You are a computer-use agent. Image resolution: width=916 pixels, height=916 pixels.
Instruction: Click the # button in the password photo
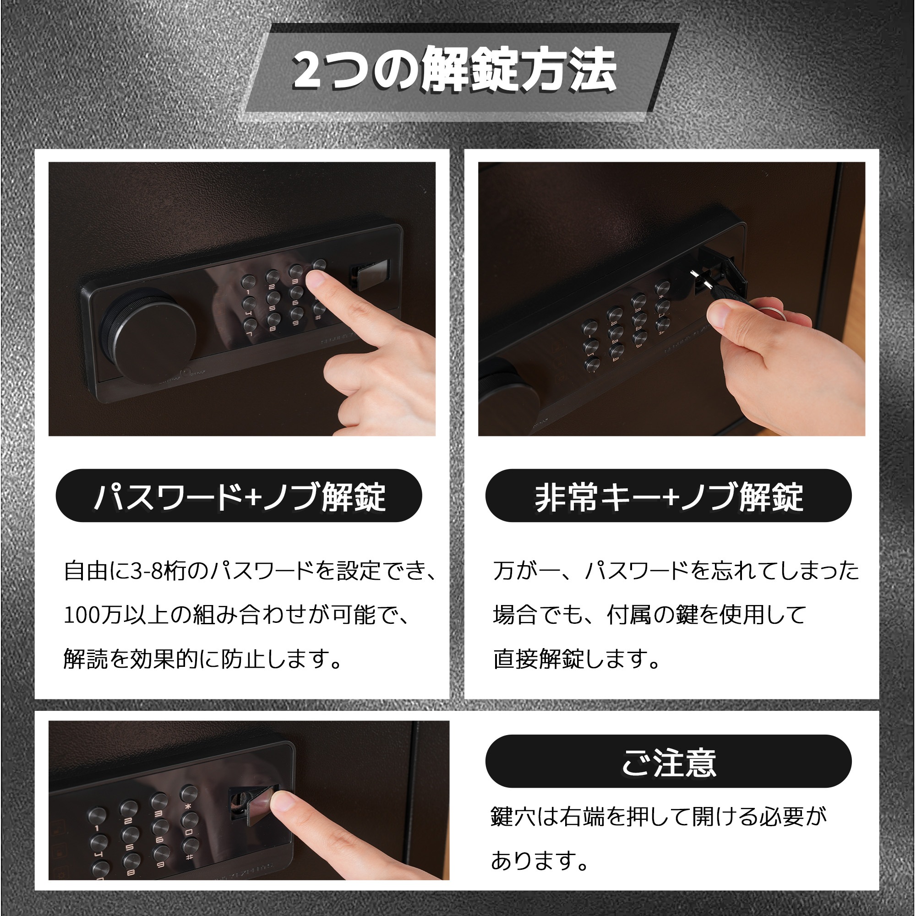[x=319, y=308]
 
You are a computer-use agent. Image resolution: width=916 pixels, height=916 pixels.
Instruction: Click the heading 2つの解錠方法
[x=454, y=70]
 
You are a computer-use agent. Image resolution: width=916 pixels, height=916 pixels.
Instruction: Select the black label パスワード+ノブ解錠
[x=239, y=496]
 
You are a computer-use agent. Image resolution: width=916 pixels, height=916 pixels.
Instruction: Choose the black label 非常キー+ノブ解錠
[x=669, y=496]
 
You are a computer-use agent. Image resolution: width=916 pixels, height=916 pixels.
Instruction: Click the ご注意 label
[x=669, y=763]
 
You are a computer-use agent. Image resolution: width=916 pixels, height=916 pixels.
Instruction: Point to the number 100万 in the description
[x=93, y=616]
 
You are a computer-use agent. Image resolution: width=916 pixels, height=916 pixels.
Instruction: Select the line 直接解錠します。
[x=577, y=659]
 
